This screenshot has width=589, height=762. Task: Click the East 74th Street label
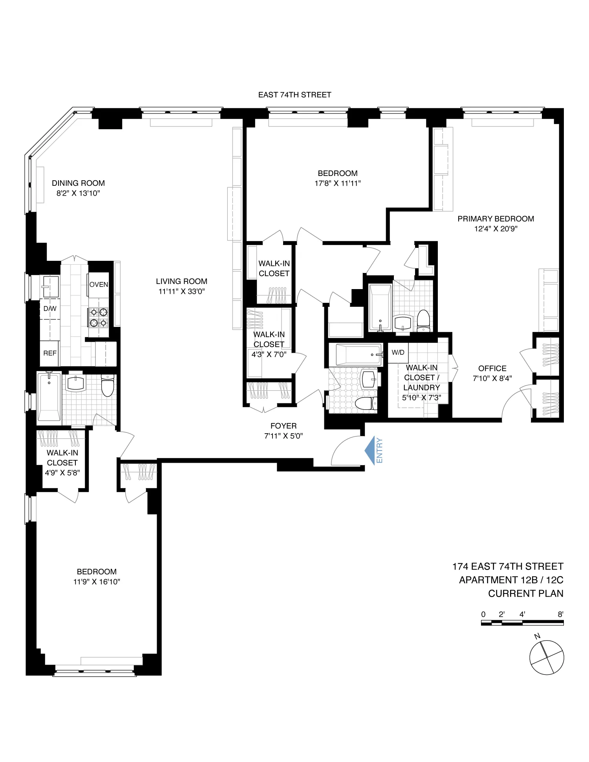coord(294,95)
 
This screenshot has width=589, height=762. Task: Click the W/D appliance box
coord(398,352)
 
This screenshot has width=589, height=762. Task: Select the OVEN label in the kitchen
coord(99,284)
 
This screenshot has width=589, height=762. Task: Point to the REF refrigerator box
coord(50,353)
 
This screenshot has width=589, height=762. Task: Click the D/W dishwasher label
coord(50,309)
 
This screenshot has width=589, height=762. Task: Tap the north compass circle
coord(547,658)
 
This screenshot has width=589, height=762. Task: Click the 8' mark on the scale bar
coord(560,614)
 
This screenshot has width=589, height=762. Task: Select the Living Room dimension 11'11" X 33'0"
coord(181,291)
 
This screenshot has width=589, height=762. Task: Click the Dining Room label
coord(78,183)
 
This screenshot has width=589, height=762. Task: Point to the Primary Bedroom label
coord(496,219)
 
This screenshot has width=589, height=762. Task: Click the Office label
coord(492,368)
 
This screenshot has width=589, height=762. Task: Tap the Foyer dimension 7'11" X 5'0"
coord(284,436)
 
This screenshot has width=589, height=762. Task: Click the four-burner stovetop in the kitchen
coord(98,317)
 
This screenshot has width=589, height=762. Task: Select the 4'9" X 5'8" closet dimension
coord(62,473)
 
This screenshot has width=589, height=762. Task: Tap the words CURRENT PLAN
coord(525,593)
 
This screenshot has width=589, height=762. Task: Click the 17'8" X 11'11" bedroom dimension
coord(337,183)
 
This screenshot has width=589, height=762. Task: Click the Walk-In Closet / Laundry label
coord(421,377)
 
